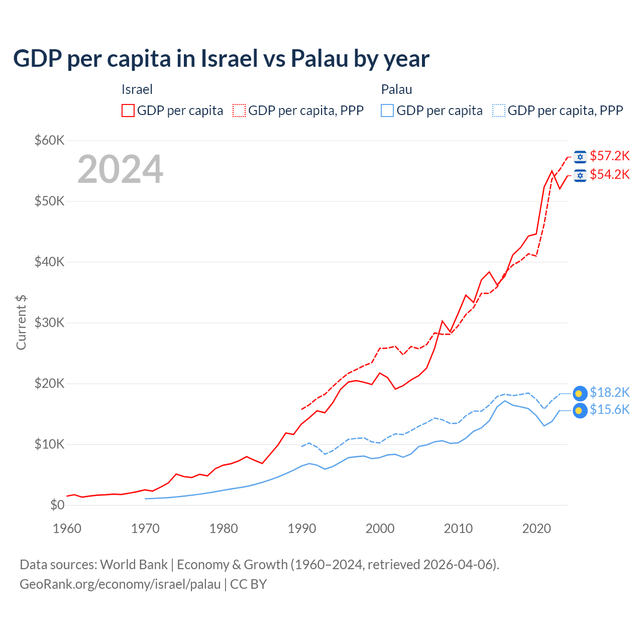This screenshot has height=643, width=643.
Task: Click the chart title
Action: [x=221, y=58]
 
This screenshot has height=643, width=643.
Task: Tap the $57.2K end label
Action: [x=609, y=156]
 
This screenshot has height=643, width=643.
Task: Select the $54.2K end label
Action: [x=609, y=174]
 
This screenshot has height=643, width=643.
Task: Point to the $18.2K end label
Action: [x=609, y=392]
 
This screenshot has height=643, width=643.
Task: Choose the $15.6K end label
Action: [x=609, y=409]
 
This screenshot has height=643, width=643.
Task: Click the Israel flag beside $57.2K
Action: [x=580, y=157]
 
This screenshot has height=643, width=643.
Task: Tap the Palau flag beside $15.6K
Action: [x=580, y=410]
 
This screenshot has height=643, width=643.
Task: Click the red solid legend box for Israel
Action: [x=128, y=111]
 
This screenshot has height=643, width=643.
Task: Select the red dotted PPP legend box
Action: [x=239, y=111]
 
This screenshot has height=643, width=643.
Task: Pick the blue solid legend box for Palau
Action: [x=387, y=111]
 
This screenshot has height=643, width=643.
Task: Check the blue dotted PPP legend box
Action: [x=499, y=111]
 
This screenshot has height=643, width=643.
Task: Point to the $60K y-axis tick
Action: [x=49, y=140]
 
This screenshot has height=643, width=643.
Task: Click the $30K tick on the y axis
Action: [x=49, y=323]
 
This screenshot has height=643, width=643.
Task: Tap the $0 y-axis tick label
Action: [x=57, y=505]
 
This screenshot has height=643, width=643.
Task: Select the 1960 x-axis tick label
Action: [x=67, y=528]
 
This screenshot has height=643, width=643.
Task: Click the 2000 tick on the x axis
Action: [x=380, y=528]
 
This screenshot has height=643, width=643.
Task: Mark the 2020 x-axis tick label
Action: [x=537, y=528]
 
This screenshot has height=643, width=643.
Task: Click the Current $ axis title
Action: [x=21, y=323]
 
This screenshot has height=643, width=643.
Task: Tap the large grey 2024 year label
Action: [x=120, y=169]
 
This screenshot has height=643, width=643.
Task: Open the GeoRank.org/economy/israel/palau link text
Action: [x=120, y=584]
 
